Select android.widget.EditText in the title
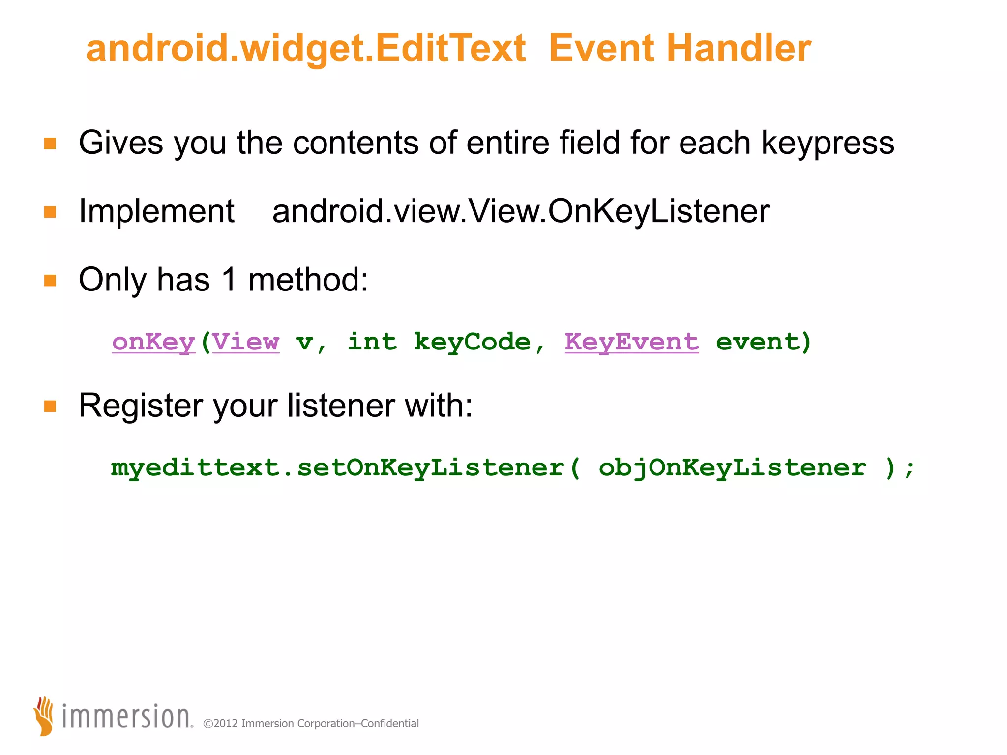pyautogui.click(x=306, y=49)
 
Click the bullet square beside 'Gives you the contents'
pyautogui.click(x=50, y=144)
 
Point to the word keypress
pyautogui.click(x=828, y=144)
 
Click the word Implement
pyautogui.click(x=156, y=211)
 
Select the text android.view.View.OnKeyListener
pyautogui.click(x=521, y=211)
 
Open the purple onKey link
pyautogui.click(x=153, y=342)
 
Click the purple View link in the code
pyautogui.click(x=246, y=342)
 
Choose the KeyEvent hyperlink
pyautogui.click(x=631, y=342)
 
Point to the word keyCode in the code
pyautogui.click(x=472, y=342)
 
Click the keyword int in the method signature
pyautogui.click(x=372, y=342)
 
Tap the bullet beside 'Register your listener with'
pyautogui.click(x=50, y=406)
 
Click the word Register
pyautogui.click(x=141, y=406)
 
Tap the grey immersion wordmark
pyautogui.click(x=126, y=717)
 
